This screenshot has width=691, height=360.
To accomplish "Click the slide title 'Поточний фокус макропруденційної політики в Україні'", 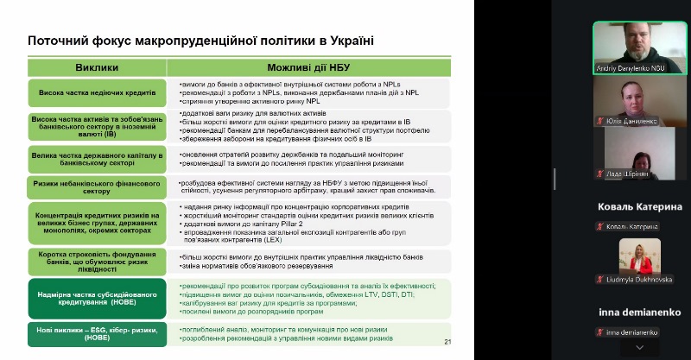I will coord(201,41).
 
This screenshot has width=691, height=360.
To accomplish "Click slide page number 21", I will coord(448,343).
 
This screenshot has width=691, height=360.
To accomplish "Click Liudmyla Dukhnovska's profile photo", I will coord(640,255).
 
